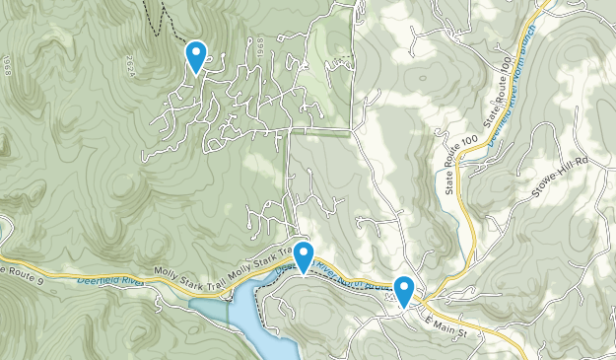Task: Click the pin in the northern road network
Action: coord(196,55)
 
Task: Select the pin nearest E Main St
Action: coord(403,291)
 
